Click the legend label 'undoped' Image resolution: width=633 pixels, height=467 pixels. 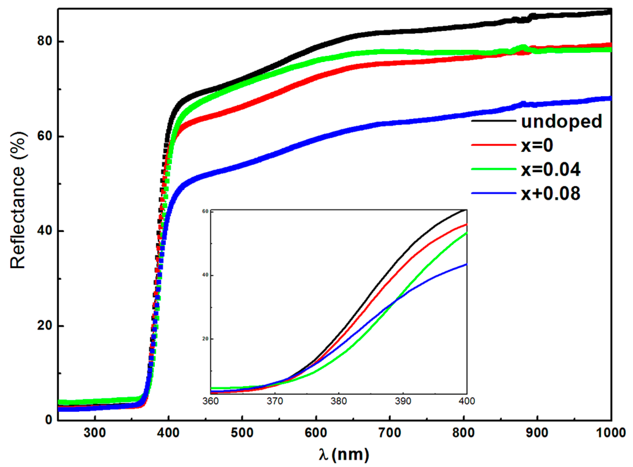point(561,122)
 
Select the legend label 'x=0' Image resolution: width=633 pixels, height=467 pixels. point(537,145)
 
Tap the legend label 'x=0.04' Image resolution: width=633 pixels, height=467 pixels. point(551,169)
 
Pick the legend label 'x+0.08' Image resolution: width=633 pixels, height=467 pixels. point(551,193)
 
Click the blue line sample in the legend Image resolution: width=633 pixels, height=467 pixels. point(494,193)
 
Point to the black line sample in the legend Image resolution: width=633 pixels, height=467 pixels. point(494,121)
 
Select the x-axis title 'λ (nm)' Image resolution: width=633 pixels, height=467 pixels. point(344,454)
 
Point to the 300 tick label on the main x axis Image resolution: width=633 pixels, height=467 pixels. point(95,433)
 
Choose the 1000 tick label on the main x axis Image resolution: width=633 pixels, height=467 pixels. point(611,433)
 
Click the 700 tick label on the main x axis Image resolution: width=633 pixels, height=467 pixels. point(390,433)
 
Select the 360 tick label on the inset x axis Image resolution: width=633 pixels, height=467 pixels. point(211,401)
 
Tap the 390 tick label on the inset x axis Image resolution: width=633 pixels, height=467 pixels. point(403,401)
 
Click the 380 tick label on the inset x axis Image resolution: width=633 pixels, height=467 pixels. point(339,401)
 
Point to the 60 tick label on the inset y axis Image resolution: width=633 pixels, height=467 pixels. point(205,211)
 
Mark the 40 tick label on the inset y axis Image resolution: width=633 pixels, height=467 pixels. point(205,275)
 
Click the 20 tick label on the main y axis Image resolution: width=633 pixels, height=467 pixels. point(45,325)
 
